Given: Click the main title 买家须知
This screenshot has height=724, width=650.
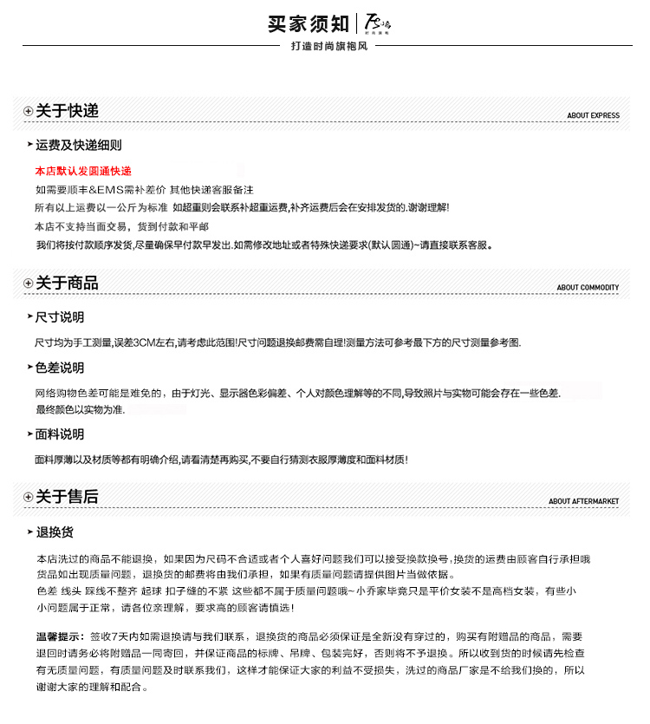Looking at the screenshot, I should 309,23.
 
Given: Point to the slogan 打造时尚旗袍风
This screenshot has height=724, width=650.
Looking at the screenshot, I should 329,46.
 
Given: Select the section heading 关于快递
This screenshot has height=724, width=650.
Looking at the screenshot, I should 67,111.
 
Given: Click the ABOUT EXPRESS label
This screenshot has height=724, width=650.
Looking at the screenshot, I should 593,115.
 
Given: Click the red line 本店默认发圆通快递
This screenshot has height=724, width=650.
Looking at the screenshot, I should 83,171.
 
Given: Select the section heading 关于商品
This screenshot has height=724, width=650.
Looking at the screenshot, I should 67,283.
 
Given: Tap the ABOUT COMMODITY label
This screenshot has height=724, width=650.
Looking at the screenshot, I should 588,288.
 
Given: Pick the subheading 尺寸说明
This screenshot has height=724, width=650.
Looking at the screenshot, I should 60,316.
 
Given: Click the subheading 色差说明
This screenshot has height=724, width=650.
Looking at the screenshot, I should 60,368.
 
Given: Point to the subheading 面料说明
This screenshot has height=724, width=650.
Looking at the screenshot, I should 60,434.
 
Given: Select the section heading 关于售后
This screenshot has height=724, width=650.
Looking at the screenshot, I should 67,497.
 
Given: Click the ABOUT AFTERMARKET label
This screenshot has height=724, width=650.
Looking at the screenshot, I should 583,502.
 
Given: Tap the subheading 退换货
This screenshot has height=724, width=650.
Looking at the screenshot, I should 55,532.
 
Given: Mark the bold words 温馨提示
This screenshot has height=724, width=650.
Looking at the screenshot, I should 60,636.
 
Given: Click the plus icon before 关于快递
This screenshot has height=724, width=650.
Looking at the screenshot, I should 28,111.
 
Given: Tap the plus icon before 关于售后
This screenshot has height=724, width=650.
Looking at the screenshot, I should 28,497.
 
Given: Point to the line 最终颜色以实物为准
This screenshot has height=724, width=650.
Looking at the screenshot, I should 80,409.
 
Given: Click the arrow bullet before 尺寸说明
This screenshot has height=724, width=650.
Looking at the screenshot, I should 29,316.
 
